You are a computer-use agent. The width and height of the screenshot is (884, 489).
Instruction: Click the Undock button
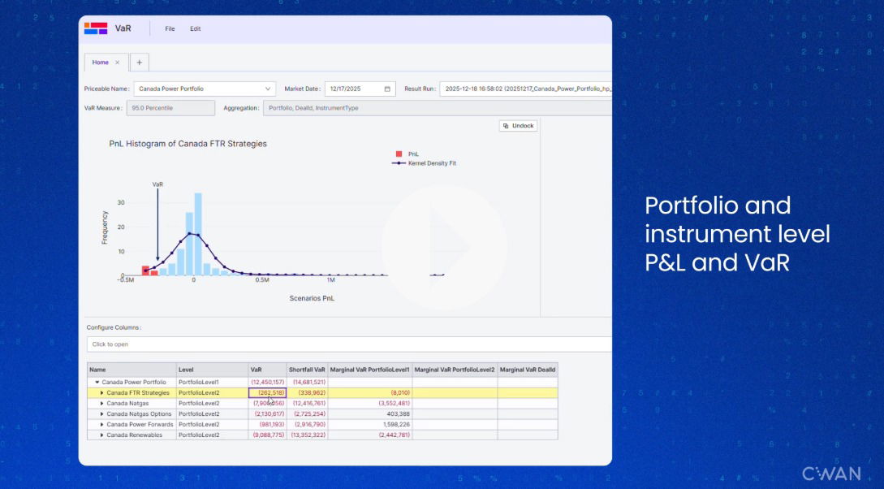[519, 126]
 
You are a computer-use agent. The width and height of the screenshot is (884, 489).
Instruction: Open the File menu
[170, 28]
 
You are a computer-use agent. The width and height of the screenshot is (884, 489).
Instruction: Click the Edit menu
[195, 28]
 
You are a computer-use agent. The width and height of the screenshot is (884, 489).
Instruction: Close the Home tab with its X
[117, 63]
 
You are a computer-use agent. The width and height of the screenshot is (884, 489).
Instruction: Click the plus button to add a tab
[139, 63]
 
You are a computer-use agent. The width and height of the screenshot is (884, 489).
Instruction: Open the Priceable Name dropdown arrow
[268, 89]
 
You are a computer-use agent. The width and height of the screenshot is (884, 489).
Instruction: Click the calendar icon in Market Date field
[387, 89]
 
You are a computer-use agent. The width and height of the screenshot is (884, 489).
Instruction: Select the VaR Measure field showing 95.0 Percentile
[170, 107]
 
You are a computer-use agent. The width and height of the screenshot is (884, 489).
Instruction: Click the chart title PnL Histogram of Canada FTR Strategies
[188, 144]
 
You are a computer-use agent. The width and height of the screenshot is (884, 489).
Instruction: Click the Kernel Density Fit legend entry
[431, 163]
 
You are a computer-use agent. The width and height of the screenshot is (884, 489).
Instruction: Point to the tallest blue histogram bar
[198, 235]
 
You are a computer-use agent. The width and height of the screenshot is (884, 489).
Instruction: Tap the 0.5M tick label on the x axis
[261, 280]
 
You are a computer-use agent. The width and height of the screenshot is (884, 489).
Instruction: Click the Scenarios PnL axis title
[312, 298]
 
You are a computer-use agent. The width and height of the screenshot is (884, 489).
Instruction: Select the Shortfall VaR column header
[307, 370]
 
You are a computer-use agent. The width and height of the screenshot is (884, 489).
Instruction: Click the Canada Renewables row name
[134, 435]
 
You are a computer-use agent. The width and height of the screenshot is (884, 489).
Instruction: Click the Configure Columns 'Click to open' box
[349, 344]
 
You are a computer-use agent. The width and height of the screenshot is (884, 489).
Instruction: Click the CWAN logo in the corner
[831, 474]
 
